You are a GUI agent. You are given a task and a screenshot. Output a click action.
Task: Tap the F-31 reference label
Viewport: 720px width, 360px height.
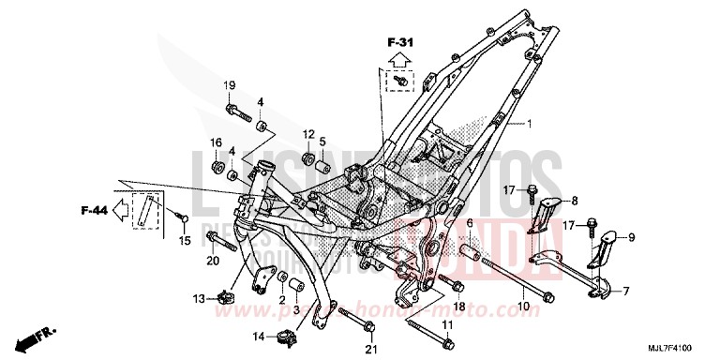click(x=399, y=42)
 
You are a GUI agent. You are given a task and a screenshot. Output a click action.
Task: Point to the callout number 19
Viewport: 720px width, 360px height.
click(x=228, y=86)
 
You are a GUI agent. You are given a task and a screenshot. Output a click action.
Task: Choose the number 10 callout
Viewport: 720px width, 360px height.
click(x=523, y=306)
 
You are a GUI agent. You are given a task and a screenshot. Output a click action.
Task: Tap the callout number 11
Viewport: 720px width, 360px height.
click(x=447, y=324)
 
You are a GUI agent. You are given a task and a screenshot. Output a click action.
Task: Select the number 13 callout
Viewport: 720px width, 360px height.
click(x=199, y=298)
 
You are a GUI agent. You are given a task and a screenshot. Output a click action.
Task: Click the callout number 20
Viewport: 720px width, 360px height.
click(x=212, y=260)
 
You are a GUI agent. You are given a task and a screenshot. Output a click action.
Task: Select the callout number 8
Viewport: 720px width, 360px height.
click(x=575, y=200)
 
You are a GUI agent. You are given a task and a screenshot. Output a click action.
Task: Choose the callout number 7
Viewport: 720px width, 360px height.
click(x=626, y=291)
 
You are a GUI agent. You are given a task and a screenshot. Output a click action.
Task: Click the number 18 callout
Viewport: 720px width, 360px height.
click(x=459, y=307)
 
